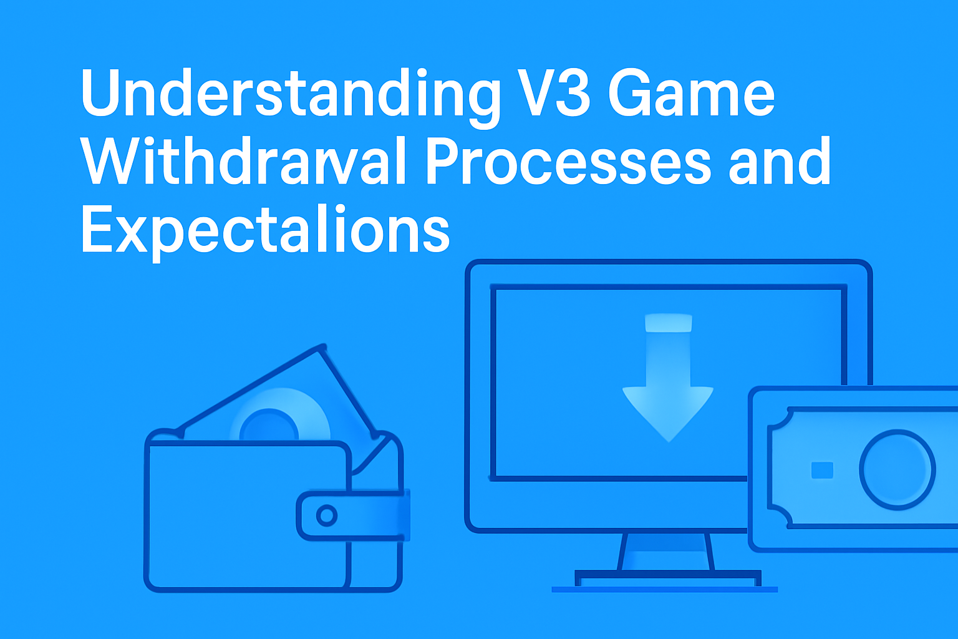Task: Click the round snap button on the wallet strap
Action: (326, 515)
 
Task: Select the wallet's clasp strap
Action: (352, 515)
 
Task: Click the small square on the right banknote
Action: (822, 470)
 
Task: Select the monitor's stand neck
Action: (666, 552)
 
